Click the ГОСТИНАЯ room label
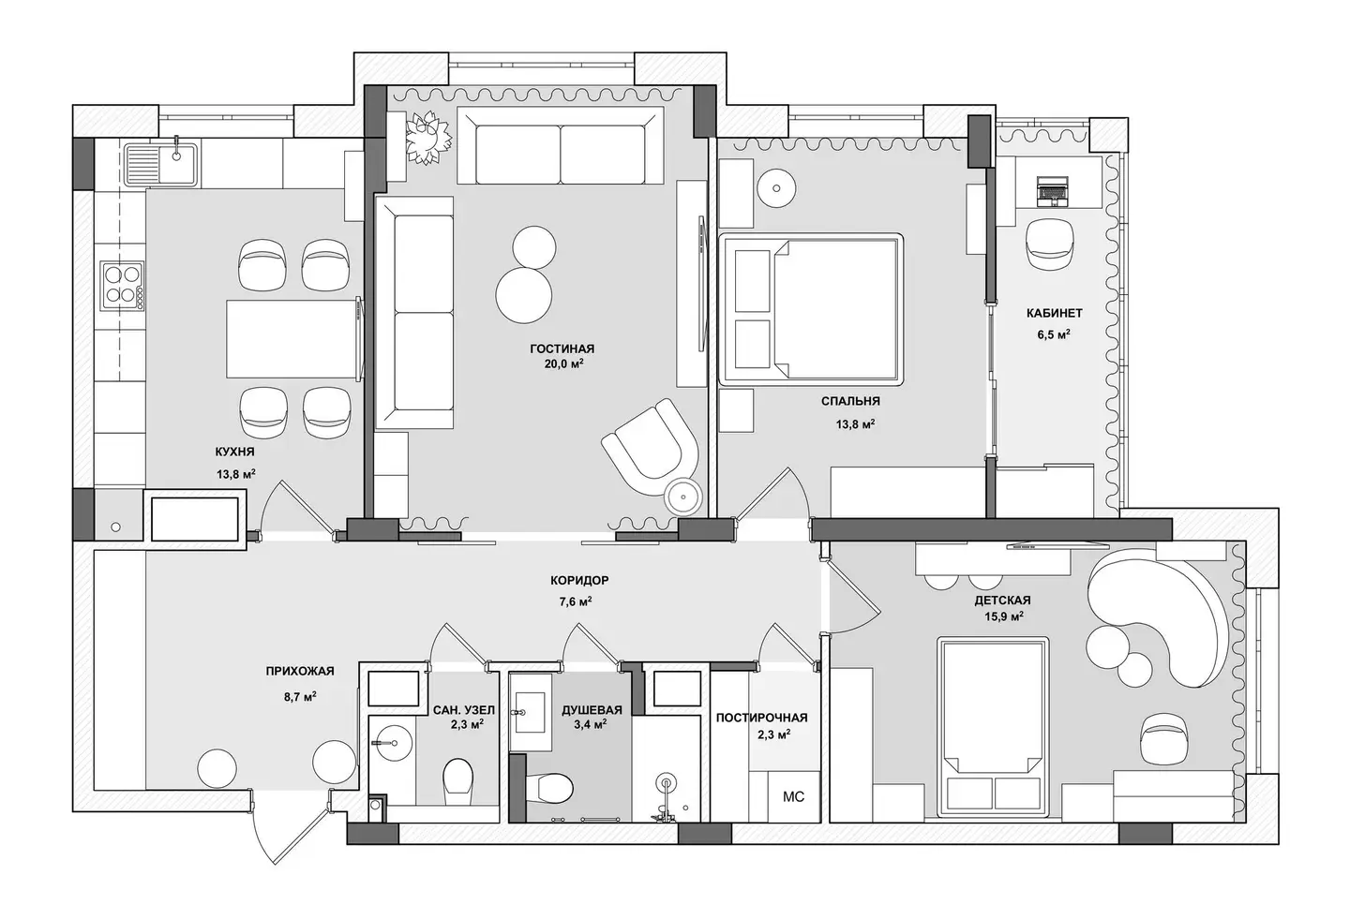562,349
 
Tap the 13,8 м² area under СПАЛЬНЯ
855,423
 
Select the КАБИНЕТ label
1054,313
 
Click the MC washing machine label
793,796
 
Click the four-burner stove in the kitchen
122,286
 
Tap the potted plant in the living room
427,138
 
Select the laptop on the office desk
1052,191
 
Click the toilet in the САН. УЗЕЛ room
458,781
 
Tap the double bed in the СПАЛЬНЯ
811,309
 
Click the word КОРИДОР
579,581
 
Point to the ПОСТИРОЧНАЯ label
762,718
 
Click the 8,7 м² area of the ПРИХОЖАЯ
300,697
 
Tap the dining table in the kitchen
293,339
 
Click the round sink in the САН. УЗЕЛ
391,743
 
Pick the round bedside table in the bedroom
776,188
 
